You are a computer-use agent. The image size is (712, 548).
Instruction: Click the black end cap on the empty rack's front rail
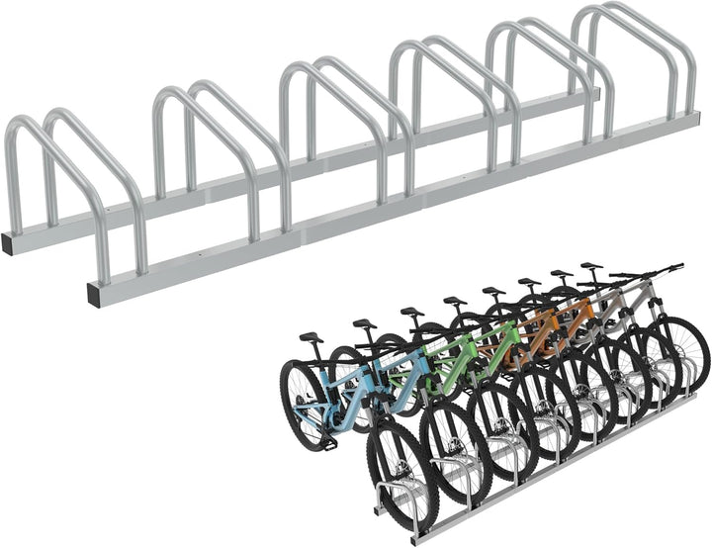[x=94, y=293]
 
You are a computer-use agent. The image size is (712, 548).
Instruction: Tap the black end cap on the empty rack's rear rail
[x=8, y=243]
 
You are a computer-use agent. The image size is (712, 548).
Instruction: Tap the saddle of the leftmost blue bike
[x=311, y=337]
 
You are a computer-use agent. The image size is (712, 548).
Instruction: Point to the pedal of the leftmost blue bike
[x=329, y=442]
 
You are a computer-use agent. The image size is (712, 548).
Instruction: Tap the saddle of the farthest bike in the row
[x=591, y=266]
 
